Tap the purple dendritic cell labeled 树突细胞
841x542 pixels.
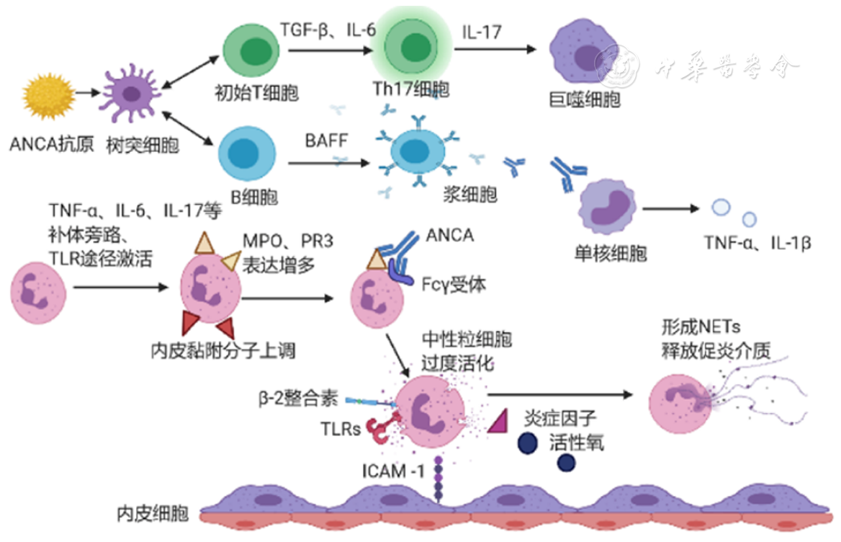(132, 92)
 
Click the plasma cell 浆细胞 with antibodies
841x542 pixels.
(414, 151)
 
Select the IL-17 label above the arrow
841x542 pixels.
(481, 31)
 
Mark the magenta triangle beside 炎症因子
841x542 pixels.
(499, 421)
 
